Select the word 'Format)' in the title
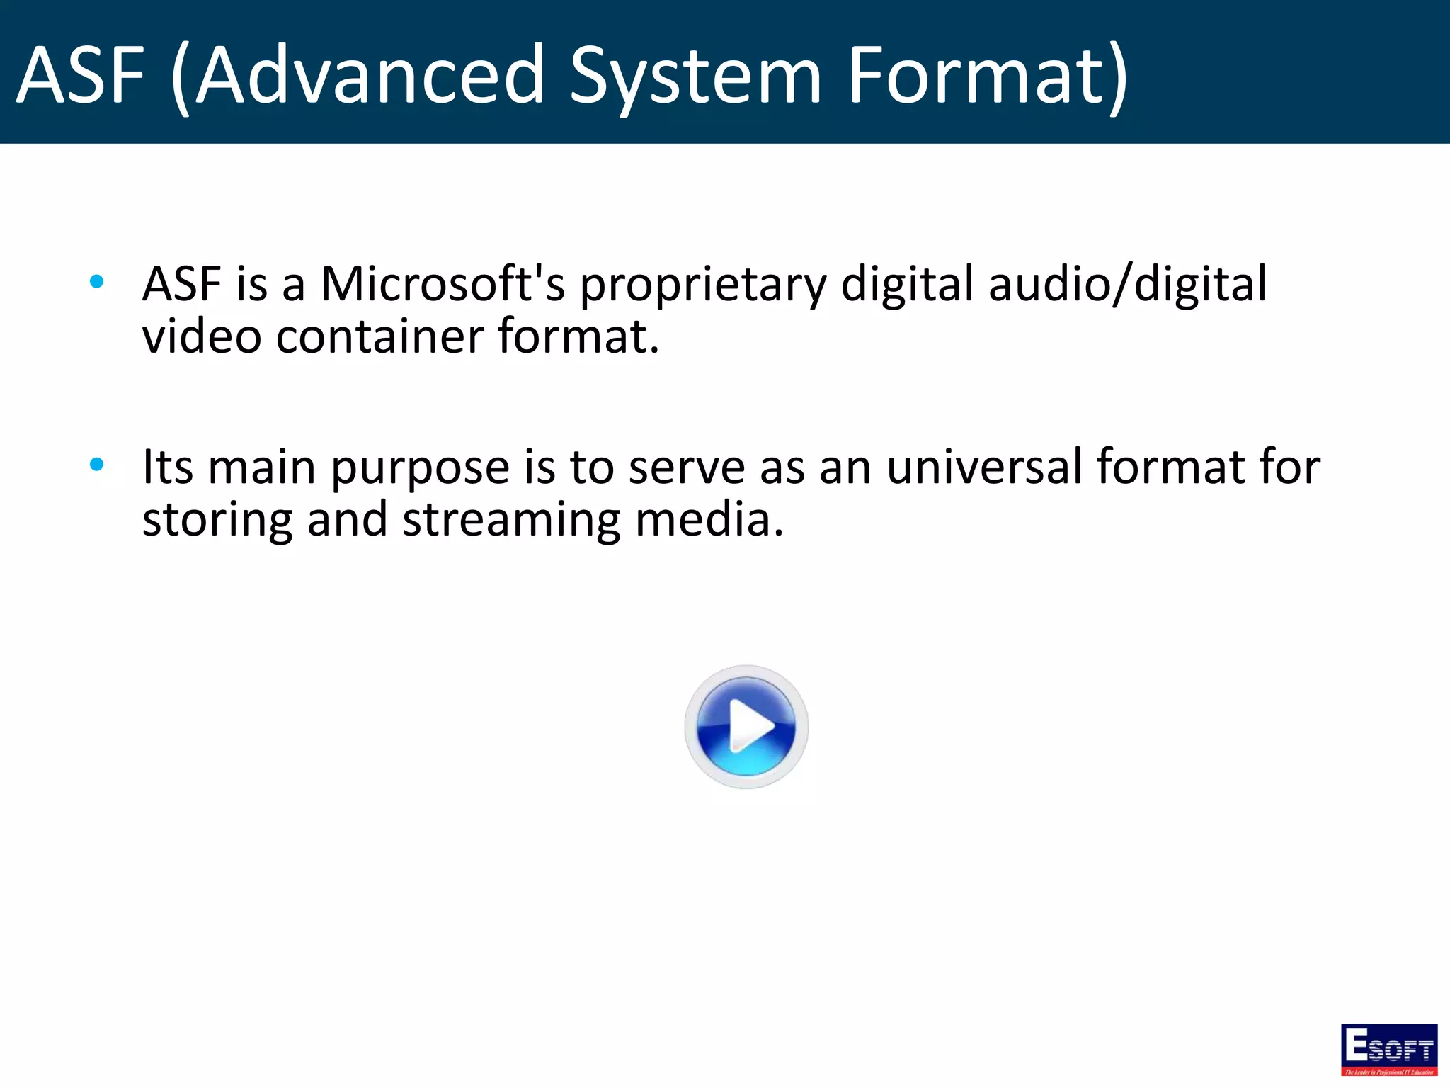coord(987,74)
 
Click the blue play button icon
coord(746,727)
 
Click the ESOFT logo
coord(1389,1049)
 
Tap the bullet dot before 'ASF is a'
coord(97,282)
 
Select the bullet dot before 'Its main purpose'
coord(97,465)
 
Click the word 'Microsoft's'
coord(443,283)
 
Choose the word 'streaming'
coord(511,521)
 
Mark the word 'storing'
coord(217,521)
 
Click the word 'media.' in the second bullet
coord(709,519)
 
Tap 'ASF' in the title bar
coord(80,74)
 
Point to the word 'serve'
coord(687,467)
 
